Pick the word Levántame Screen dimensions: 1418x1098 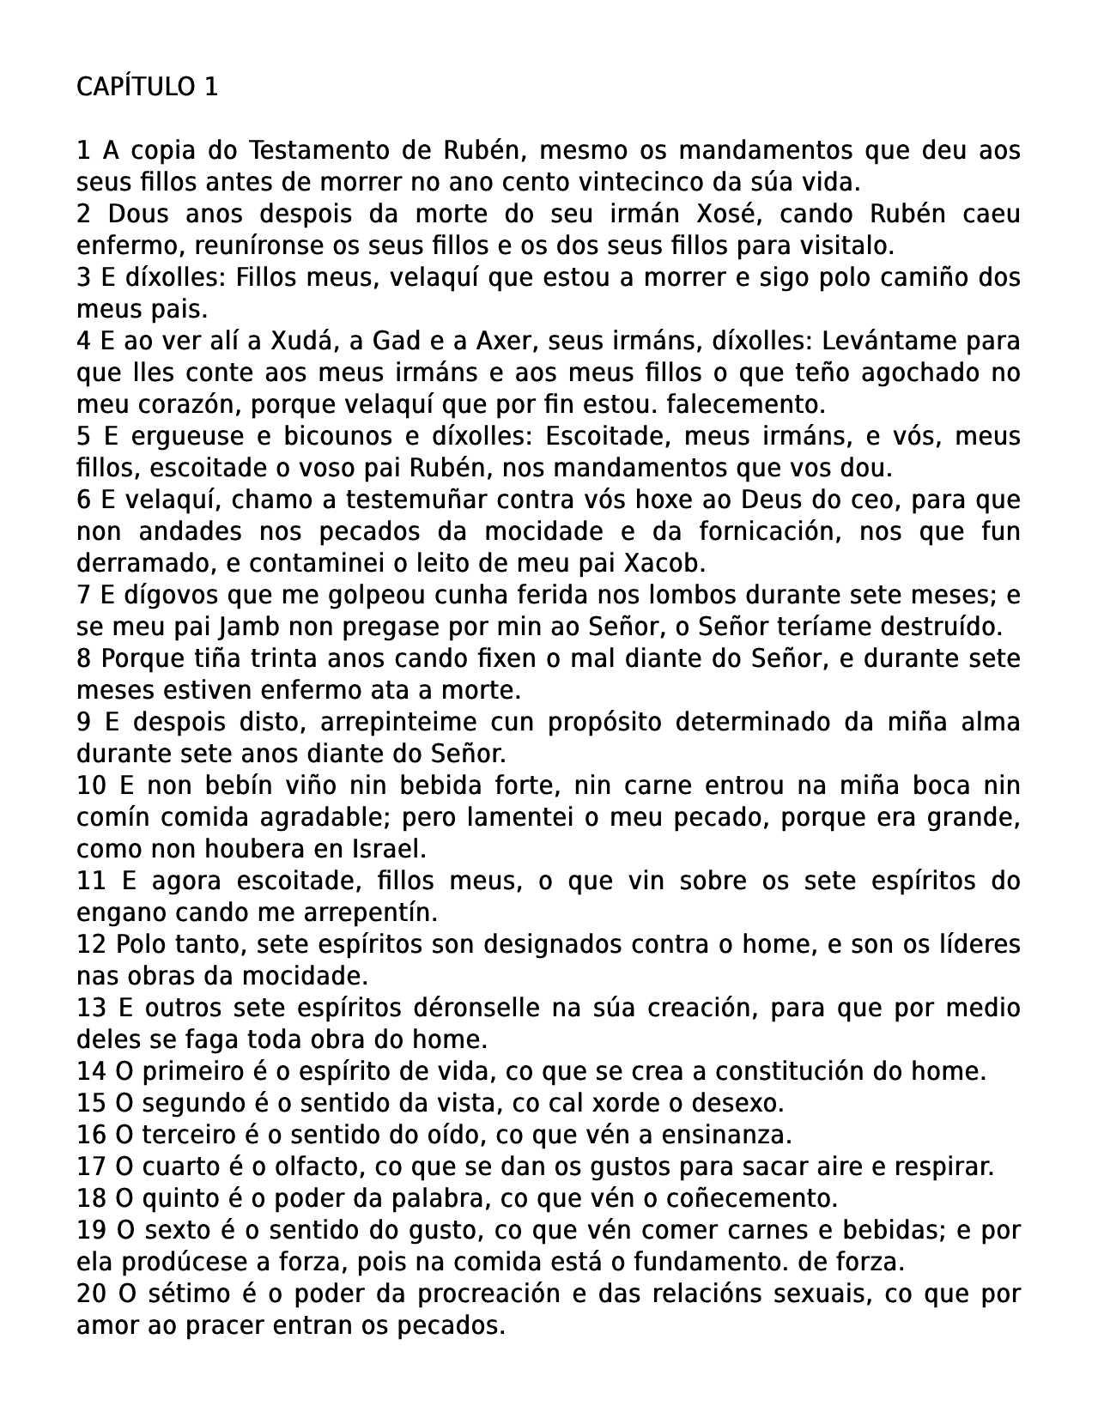[888, 341]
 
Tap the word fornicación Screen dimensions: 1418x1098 [761, 531]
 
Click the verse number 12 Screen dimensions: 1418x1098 [91, 944]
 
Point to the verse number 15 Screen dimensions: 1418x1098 [91, 1103]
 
